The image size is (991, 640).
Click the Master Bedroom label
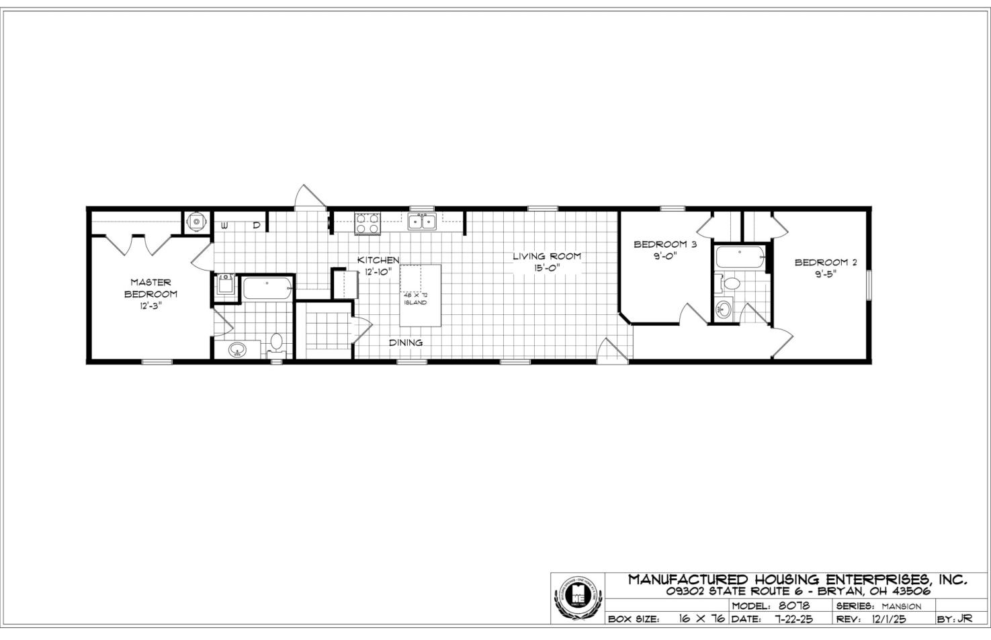(x=150, y=288)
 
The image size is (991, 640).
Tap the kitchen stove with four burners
(x=367, y=223)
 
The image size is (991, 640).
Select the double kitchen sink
(x=421, y=221)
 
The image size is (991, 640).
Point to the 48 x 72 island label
(x=415, y=299)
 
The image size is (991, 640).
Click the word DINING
(x=406, y=342)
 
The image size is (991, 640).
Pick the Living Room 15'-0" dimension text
(x=547, y=267)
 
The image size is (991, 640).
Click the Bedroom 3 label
(x=664, y=244)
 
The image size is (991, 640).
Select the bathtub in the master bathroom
(x=267, y=288)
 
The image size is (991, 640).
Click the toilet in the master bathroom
(x=276, y=343)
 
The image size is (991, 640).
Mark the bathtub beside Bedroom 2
(x=740, y=257)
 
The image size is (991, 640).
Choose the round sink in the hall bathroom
(x=723, y=310)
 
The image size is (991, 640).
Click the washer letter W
(x=223, y=226)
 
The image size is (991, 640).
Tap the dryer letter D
(x=256, y=226)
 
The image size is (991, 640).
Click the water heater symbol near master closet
(x=196, y=221)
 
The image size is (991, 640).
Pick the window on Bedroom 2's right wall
(x=868, y=285)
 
